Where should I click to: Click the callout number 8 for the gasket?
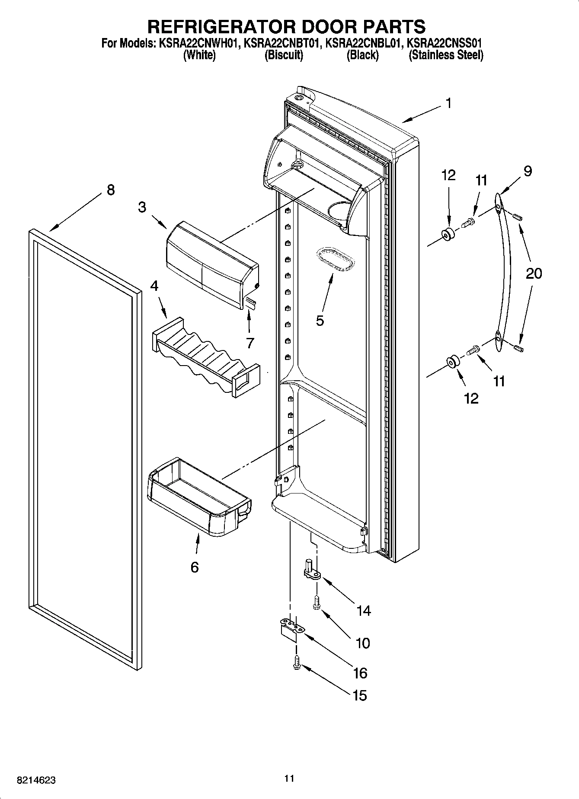tap(111, 190)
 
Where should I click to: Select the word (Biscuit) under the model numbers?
tap(284, 55)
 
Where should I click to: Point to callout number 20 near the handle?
tap(534, 274)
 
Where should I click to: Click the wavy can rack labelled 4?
tap(205, 357)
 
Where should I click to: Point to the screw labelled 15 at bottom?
tap(297, 662)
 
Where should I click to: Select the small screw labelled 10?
tap(317, 602)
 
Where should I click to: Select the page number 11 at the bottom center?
tap(289, 778)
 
